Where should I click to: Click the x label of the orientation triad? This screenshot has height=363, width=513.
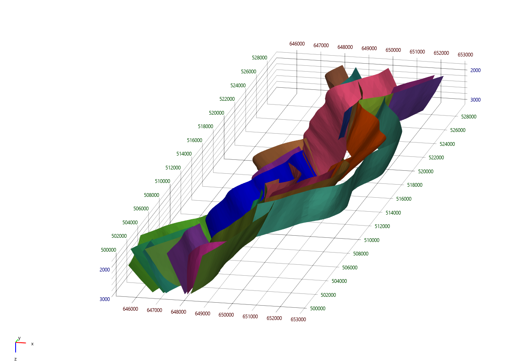tap(32, 344)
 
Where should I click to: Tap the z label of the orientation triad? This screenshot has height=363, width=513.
tap(15, 359)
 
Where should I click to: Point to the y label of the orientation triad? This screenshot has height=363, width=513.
tap(19, 338)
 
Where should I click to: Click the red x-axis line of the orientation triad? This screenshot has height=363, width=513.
tap(21, 343)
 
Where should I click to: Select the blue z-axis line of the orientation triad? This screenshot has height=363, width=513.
tap(16, 347)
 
